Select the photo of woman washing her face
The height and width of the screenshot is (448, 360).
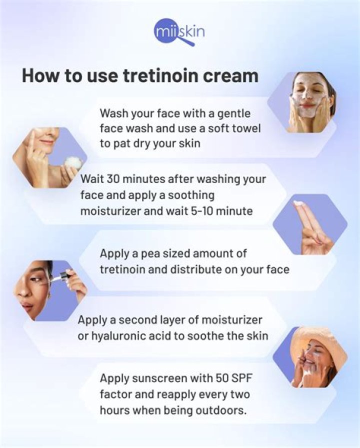click(x=306, y=101)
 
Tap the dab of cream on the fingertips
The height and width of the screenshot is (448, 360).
click(x=299, y=203)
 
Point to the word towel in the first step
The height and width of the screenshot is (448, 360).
click(x=249, y=128)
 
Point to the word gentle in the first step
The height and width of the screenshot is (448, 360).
click(x=234, y=112)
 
